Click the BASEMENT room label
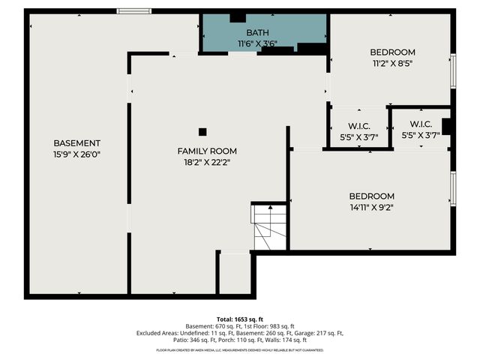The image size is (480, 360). [x=76, y=142]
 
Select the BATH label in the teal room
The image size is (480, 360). [x=257, y=32]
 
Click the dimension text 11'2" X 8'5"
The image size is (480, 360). [x=392, y=64]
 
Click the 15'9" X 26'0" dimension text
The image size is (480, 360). [x=76, y=154]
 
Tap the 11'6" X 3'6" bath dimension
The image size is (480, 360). [x=257, y=43]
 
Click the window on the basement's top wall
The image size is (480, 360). [x=134, y=11]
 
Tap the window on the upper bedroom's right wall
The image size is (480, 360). [x=452, y=71]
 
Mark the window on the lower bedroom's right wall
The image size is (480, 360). [x=452, y=188]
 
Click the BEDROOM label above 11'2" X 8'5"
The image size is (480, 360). [x=392, y=52]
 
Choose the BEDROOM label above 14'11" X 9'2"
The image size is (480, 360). [x=371, y=196]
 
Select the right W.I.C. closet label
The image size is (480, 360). [x=420, y=124]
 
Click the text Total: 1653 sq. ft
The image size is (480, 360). [x=240, y=319]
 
